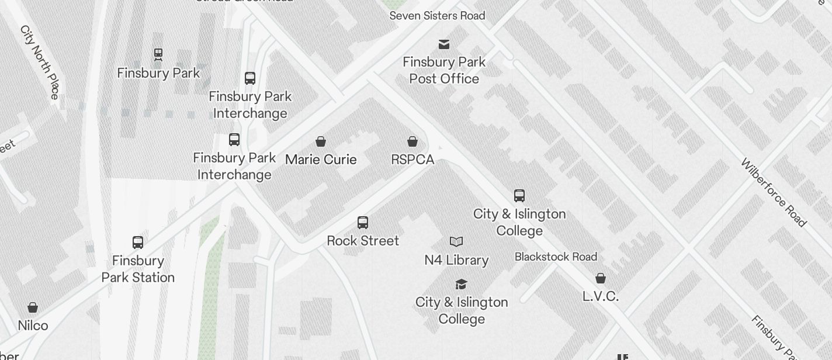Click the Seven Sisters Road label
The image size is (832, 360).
point(437,16)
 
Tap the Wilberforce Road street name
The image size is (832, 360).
point(773,192)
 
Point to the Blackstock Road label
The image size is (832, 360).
point(556,257)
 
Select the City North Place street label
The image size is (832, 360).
point(40,61)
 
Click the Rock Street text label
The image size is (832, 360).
point(363,241)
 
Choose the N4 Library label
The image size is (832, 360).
point(456,260)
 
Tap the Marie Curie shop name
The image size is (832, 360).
point(321,160)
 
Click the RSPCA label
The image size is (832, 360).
point(412,160)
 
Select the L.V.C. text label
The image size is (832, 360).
point(601,296)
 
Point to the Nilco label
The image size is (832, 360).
point(33,326)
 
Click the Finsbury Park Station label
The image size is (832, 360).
point(138,269)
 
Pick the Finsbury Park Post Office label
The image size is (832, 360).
point(444,70)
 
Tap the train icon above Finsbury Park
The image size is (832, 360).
point(158,55)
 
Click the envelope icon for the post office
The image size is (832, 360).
point(444,44)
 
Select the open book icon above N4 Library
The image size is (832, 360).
point(456,242)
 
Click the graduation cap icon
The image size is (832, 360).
point(462,284)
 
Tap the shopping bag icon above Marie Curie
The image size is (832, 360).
point(321,141)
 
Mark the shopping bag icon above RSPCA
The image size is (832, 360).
point(412,141)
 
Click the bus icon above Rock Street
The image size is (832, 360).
point(363,223)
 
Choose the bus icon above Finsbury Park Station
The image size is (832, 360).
point(138,243)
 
